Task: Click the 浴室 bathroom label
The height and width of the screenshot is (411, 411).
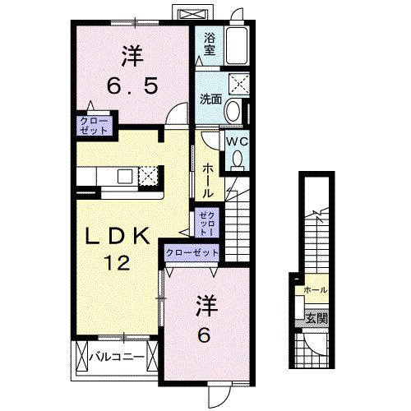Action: [x=210, y=44]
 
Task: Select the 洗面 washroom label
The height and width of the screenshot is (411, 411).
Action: [x=210, y=99]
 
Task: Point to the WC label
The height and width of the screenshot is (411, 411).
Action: [x=237, y=141]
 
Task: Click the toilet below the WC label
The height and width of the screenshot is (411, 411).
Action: [x=238, y=160]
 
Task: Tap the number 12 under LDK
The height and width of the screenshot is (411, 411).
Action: [x=118, y=263]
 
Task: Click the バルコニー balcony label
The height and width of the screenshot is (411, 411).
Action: [x=117, y=358]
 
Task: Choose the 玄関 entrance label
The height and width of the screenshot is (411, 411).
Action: [x=316, y=318]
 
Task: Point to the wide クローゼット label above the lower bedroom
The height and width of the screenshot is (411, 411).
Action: [x=192, y=253]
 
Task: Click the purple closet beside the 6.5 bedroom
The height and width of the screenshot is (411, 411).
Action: [x=94, y=125]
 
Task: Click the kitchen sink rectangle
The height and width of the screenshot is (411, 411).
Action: [x=126, y=175]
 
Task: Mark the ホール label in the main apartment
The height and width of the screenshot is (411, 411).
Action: [x=208, y=179]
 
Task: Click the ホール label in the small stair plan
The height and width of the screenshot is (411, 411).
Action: [x=316, y=290]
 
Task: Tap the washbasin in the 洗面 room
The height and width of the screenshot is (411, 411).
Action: [x=233, y=110]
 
